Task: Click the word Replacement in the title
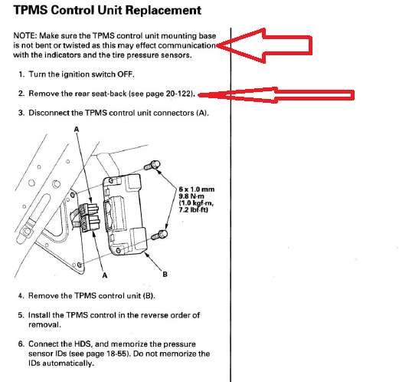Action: (x=163, y=11)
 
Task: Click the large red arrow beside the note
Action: (x=264, y=45)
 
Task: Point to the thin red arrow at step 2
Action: (x=276, y=95)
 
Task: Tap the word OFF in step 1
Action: (x=126, y=74)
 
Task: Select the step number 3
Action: (x=21, y=113)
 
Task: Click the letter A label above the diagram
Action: (x=77, y=130)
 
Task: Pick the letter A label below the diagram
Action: (x=105, y=275)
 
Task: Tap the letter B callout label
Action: (x=165, y=275)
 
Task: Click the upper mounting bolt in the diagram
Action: (x=152, y=165)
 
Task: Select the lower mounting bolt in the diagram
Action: (x=159, y=235)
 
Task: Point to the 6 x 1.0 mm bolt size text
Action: (x=197, y=189)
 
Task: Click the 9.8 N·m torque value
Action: (x=191, y=196)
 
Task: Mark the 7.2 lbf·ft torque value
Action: (x=193, y=210)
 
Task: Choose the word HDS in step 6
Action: (x=83, y=344)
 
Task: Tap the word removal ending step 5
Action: (x=44, y=324)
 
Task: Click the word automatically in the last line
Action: (x=68, y=364)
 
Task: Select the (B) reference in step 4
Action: (x=149, y=296)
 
